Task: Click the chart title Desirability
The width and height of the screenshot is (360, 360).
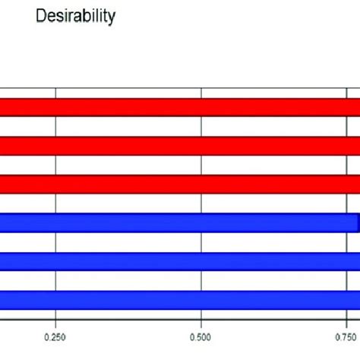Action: coord(76,17)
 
